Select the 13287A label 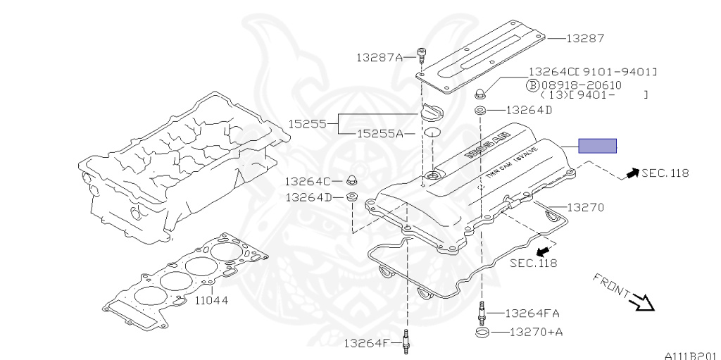point(379,57)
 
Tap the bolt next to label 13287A point(422,54)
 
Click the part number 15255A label point(380,133)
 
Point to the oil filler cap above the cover point(432,113)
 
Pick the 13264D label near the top point(529,110)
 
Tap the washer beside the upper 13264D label point(479,110)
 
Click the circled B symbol point(534,84)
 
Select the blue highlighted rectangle point(597,146)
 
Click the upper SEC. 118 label point(665,173)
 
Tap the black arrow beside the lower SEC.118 point(543,250)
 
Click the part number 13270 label point(586,208)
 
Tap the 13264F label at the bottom point(366,343)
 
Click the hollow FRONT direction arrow point(643,302)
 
